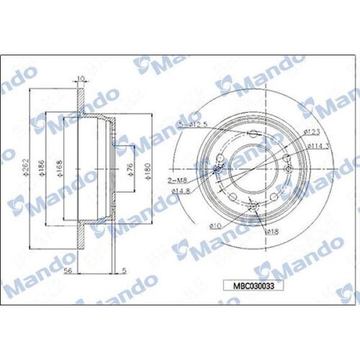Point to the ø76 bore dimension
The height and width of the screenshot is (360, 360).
[130, 170]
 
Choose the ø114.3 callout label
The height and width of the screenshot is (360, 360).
[316, 145]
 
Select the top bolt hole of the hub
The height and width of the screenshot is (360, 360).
[252, 133]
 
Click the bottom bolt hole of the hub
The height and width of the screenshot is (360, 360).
[252, 206]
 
